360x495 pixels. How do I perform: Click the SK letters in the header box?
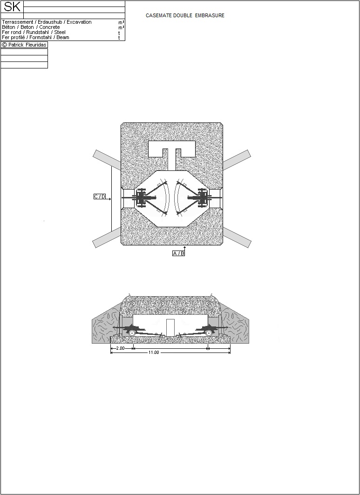[12, 7]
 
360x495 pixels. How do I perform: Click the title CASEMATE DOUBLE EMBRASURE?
[185, 15]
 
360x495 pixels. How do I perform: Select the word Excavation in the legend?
[79, 22]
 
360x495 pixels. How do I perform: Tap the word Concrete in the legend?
[49, 27]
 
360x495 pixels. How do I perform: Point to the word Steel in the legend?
[60, 32]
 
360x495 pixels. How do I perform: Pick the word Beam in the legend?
[63, 37]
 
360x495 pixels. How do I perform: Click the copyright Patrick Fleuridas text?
[24, 45]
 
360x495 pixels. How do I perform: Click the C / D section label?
[100, 197]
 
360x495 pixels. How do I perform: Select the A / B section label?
[178, 253]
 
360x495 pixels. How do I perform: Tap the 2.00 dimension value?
[120, 348]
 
